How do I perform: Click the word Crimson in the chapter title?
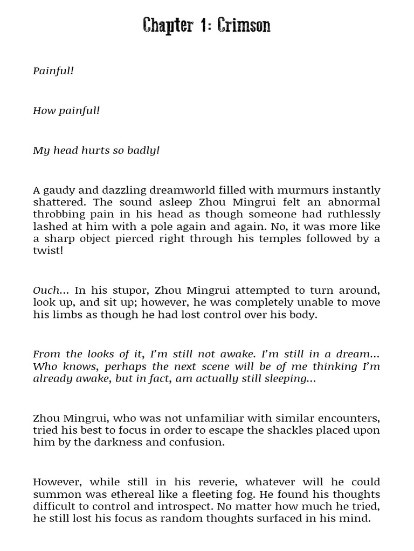(244, 25)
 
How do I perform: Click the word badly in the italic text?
(143, 150)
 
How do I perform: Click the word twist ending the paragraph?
(47, 251)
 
